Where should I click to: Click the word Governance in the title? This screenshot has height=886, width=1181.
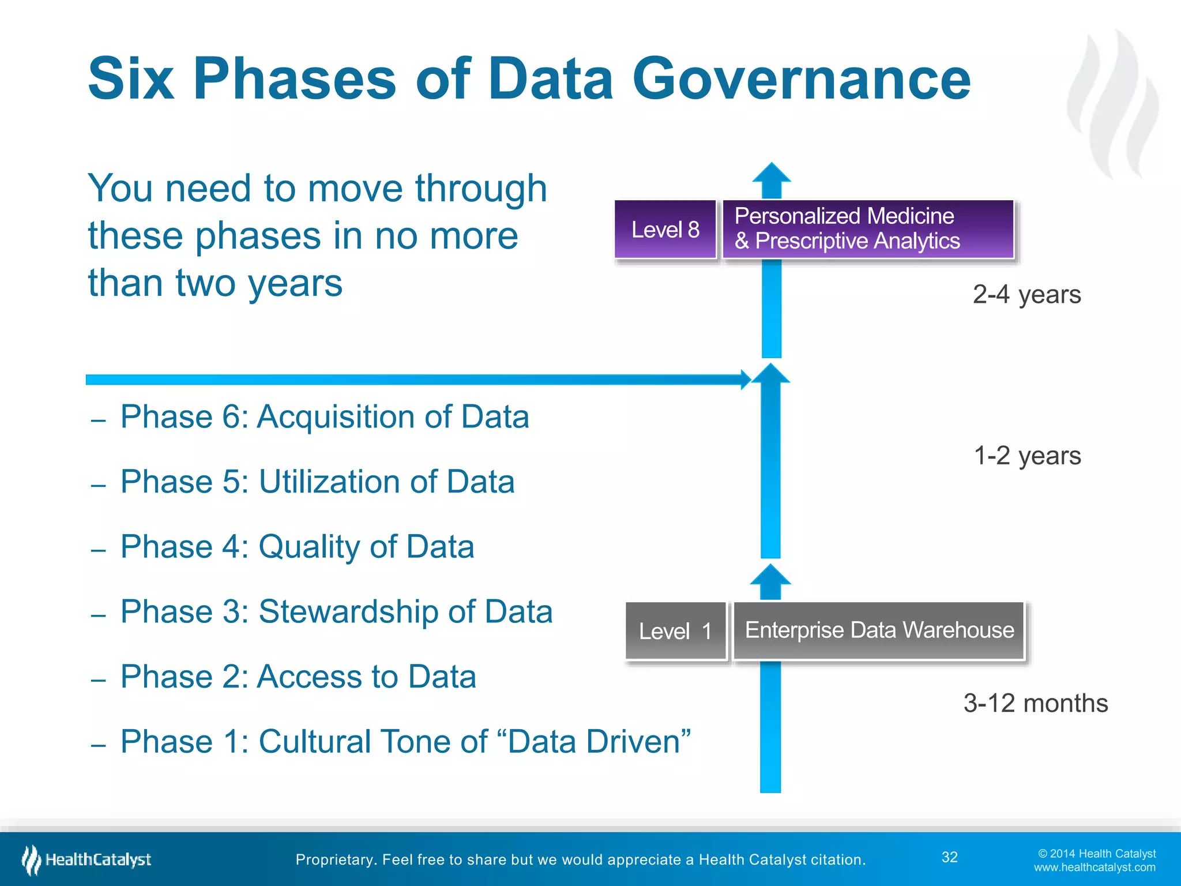802,79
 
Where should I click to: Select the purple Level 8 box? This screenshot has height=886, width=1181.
665,230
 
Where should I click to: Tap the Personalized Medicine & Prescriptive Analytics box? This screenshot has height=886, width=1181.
867,229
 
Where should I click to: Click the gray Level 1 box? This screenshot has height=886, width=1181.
675,631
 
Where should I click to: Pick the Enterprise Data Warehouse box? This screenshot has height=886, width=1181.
879,630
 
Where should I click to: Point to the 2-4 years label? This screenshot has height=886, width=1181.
1026,295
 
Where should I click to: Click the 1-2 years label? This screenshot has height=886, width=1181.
1027,456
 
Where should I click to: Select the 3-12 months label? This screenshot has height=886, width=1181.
1036,704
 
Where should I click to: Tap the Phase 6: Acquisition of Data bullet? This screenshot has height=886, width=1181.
324,416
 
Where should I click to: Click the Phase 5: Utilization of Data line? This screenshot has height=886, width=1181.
317,482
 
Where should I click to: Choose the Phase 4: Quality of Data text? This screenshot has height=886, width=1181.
297,547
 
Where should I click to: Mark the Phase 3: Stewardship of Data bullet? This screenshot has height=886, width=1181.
336,611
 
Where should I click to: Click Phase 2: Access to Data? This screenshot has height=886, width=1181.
298,677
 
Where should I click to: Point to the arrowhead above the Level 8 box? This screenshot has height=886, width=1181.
772,174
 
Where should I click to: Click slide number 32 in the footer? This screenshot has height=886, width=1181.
949,857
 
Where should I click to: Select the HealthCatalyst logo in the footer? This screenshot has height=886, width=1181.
86,859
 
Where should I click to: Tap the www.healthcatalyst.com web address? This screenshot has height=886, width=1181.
1095,868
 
